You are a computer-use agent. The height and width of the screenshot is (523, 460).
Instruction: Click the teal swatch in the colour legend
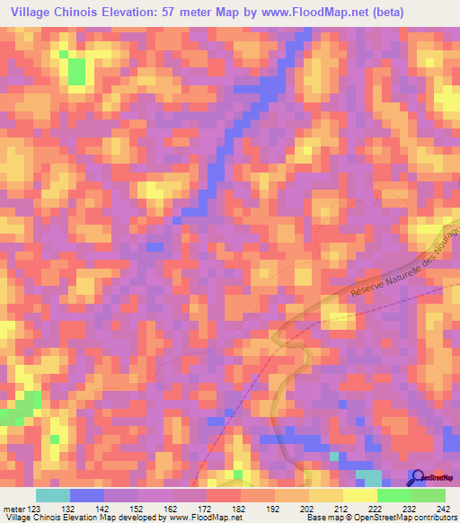coord(53,495)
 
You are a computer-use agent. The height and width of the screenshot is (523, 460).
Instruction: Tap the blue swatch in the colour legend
coord(87,495)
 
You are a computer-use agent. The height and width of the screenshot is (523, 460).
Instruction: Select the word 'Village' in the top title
coord(27,13)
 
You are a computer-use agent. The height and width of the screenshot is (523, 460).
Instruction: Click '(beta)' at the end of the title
coord(380,13)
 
